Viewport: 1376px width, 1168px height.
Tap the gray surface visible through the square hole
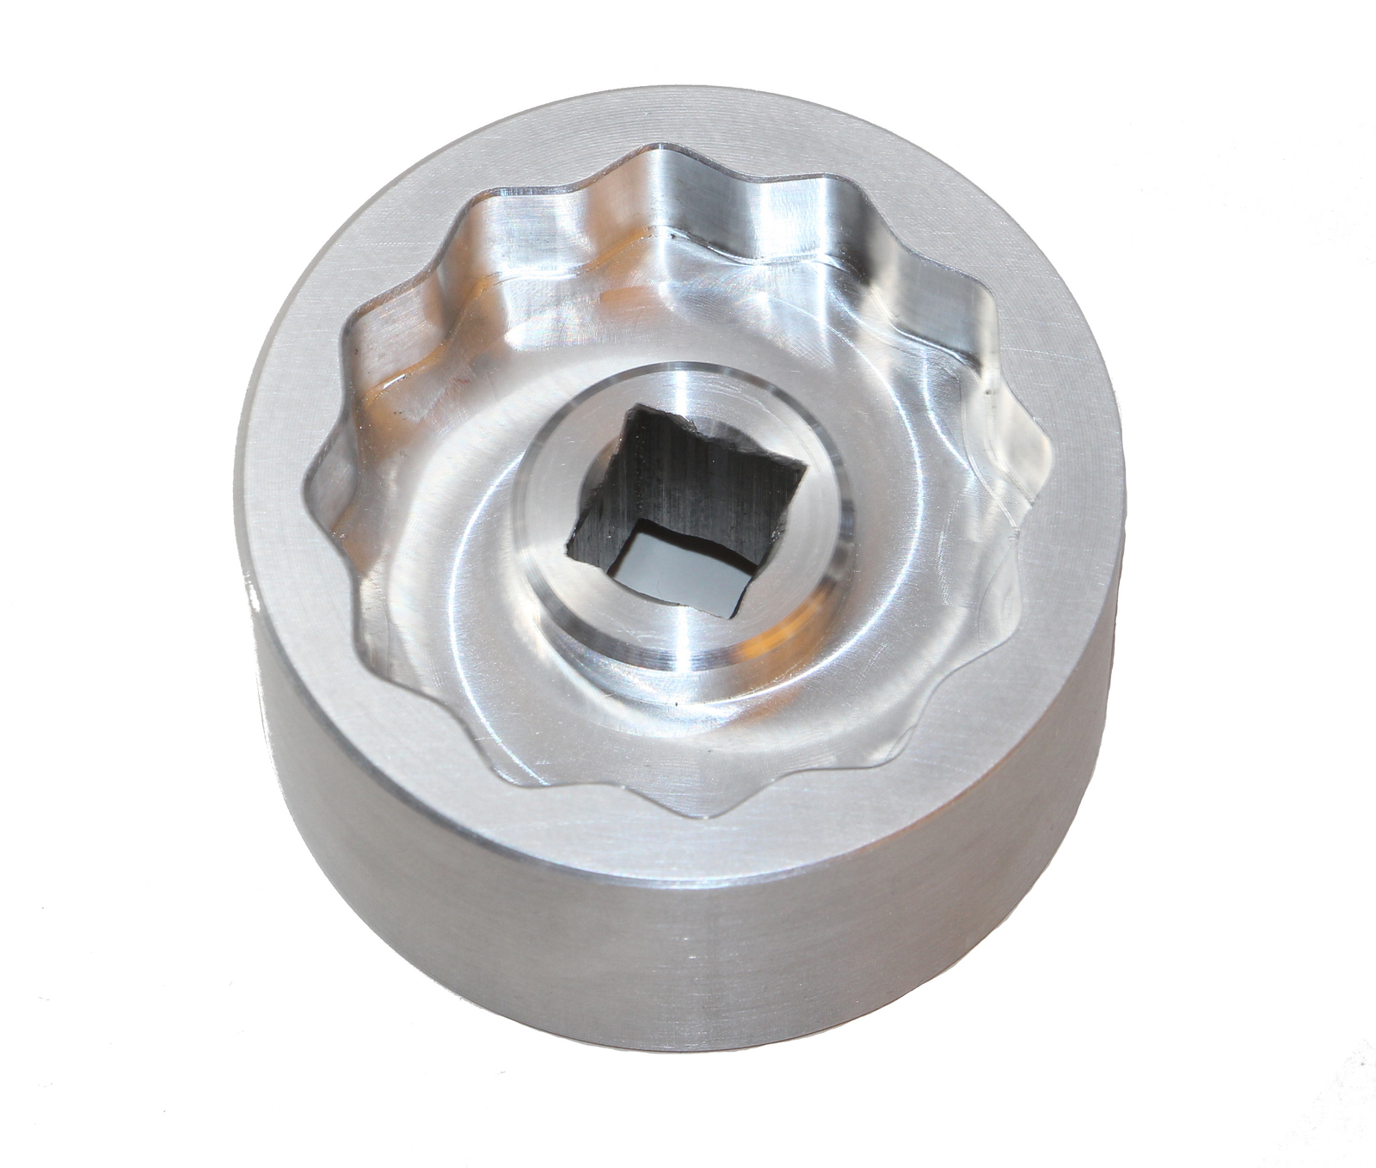(x=679, y=568)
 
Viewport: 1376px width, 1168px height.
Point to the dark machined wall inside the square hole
(x=688, y=482)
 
